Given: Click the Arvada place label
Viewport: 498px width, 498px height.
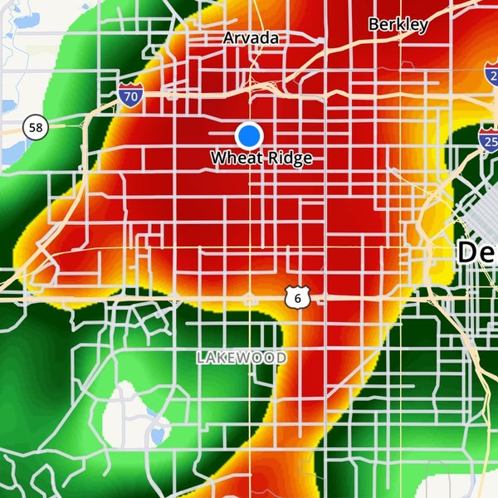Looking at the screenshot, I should (x=251, y=38).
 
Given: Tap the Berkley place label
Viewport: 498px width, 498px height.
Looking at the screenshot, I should (x=398, y=24).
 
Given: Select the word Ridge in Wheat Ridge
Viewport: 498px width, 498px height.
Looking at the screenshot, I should (x=286, y=158).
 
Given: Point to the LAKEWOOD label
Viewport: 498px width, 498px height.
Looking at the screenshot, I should (x=242, y=358).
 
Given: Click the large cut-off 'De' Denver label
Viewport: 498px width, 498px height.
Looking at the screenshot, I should (x=476, y=252).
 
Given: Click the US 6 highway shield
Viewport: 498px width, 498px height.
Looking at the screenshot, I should (x=298, y=295).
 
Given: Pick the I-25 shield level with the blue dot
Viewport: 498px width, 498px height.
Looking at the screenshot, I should (x=489, y=137).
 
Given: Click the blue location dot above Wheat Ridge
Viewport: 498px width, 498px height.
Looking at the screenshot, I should (x=248, y=134).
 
